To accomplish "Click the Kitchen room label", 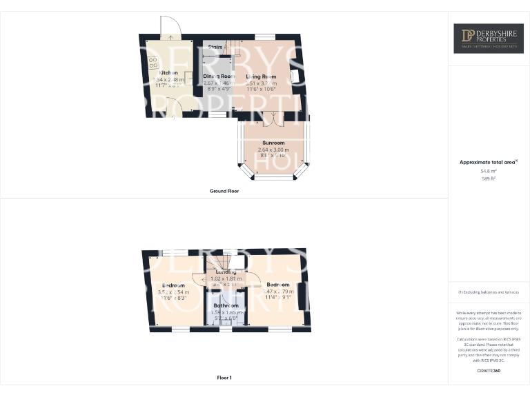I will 170,72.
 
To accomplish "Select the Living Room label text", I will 261,77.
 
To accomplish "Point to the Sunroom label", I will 274,143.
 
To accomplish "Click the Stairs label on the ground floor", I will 215,47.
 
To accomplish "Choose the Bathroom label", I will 226,305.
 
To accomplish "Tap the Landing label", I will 226,272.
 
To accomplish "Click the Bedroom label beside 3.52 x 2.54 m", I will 173,285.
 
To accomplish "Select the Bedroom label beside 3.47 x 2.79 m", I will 278,285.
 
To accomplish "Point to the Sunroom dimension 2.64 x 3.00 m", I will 274,150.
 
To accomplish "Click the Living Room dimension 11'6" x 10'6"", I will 261,89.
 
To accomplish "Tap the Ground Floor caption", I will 224,191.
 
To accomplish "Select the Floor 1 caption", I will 224,378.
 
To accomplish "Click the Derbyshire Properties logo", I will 488,38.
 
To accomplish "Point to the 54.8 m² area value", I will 488,171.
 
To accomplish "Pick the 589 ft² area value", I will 488,179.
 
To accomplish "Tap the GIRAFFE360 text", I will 488,371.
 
